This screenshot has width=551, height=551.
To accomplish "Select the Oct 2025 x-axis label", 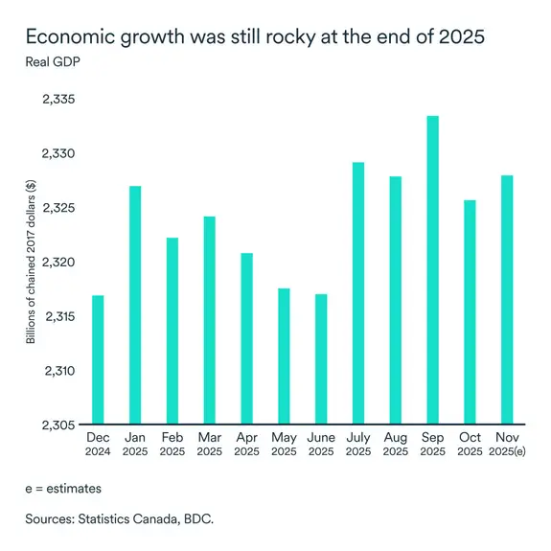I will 469,444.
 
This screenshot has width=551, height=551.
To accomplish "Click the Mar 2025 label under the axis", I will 209,444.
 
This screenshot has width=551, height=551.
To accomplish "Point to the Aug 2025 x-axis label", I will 395,444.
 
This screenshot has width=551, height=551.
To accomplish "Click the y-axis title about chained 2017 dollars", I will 33,263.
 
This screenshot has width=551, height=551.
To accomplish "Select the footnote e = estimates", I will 63,488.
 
